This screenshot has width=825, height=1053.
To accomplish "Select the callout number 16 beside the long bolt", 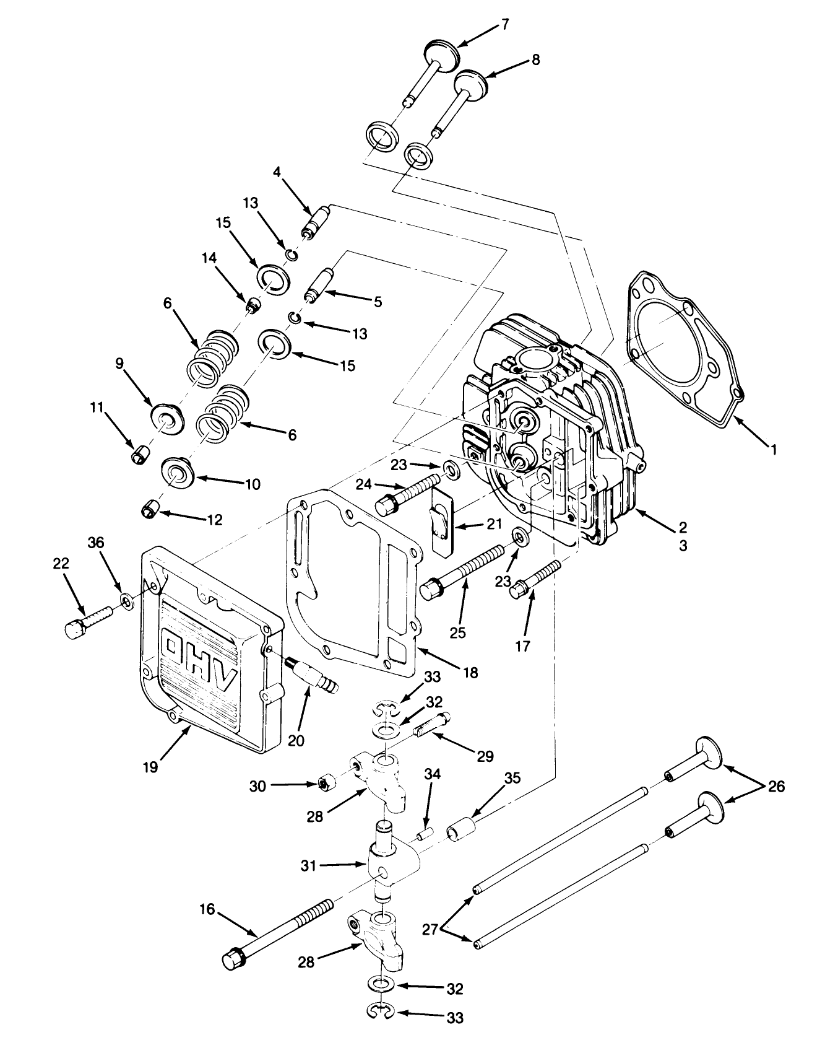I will (207, 909).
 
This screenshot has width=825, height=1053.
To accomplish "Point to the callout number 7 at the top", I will (504, 24).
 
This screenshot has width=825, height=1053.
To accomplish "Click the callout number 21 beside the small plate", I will (495, 525).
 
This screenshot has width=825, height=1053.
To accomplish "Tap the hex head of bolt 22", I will (74, 627).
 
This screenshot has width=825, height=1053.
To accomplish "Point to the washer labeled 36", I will (126, 600).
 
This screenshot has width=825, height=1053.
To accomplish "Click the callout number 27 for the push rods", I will (431, 930).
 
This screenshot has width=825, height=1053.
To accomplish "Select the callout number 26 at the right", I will (775, 787).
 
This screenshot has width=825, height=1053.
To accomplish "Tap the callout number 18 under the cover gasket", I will (470, 672).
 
